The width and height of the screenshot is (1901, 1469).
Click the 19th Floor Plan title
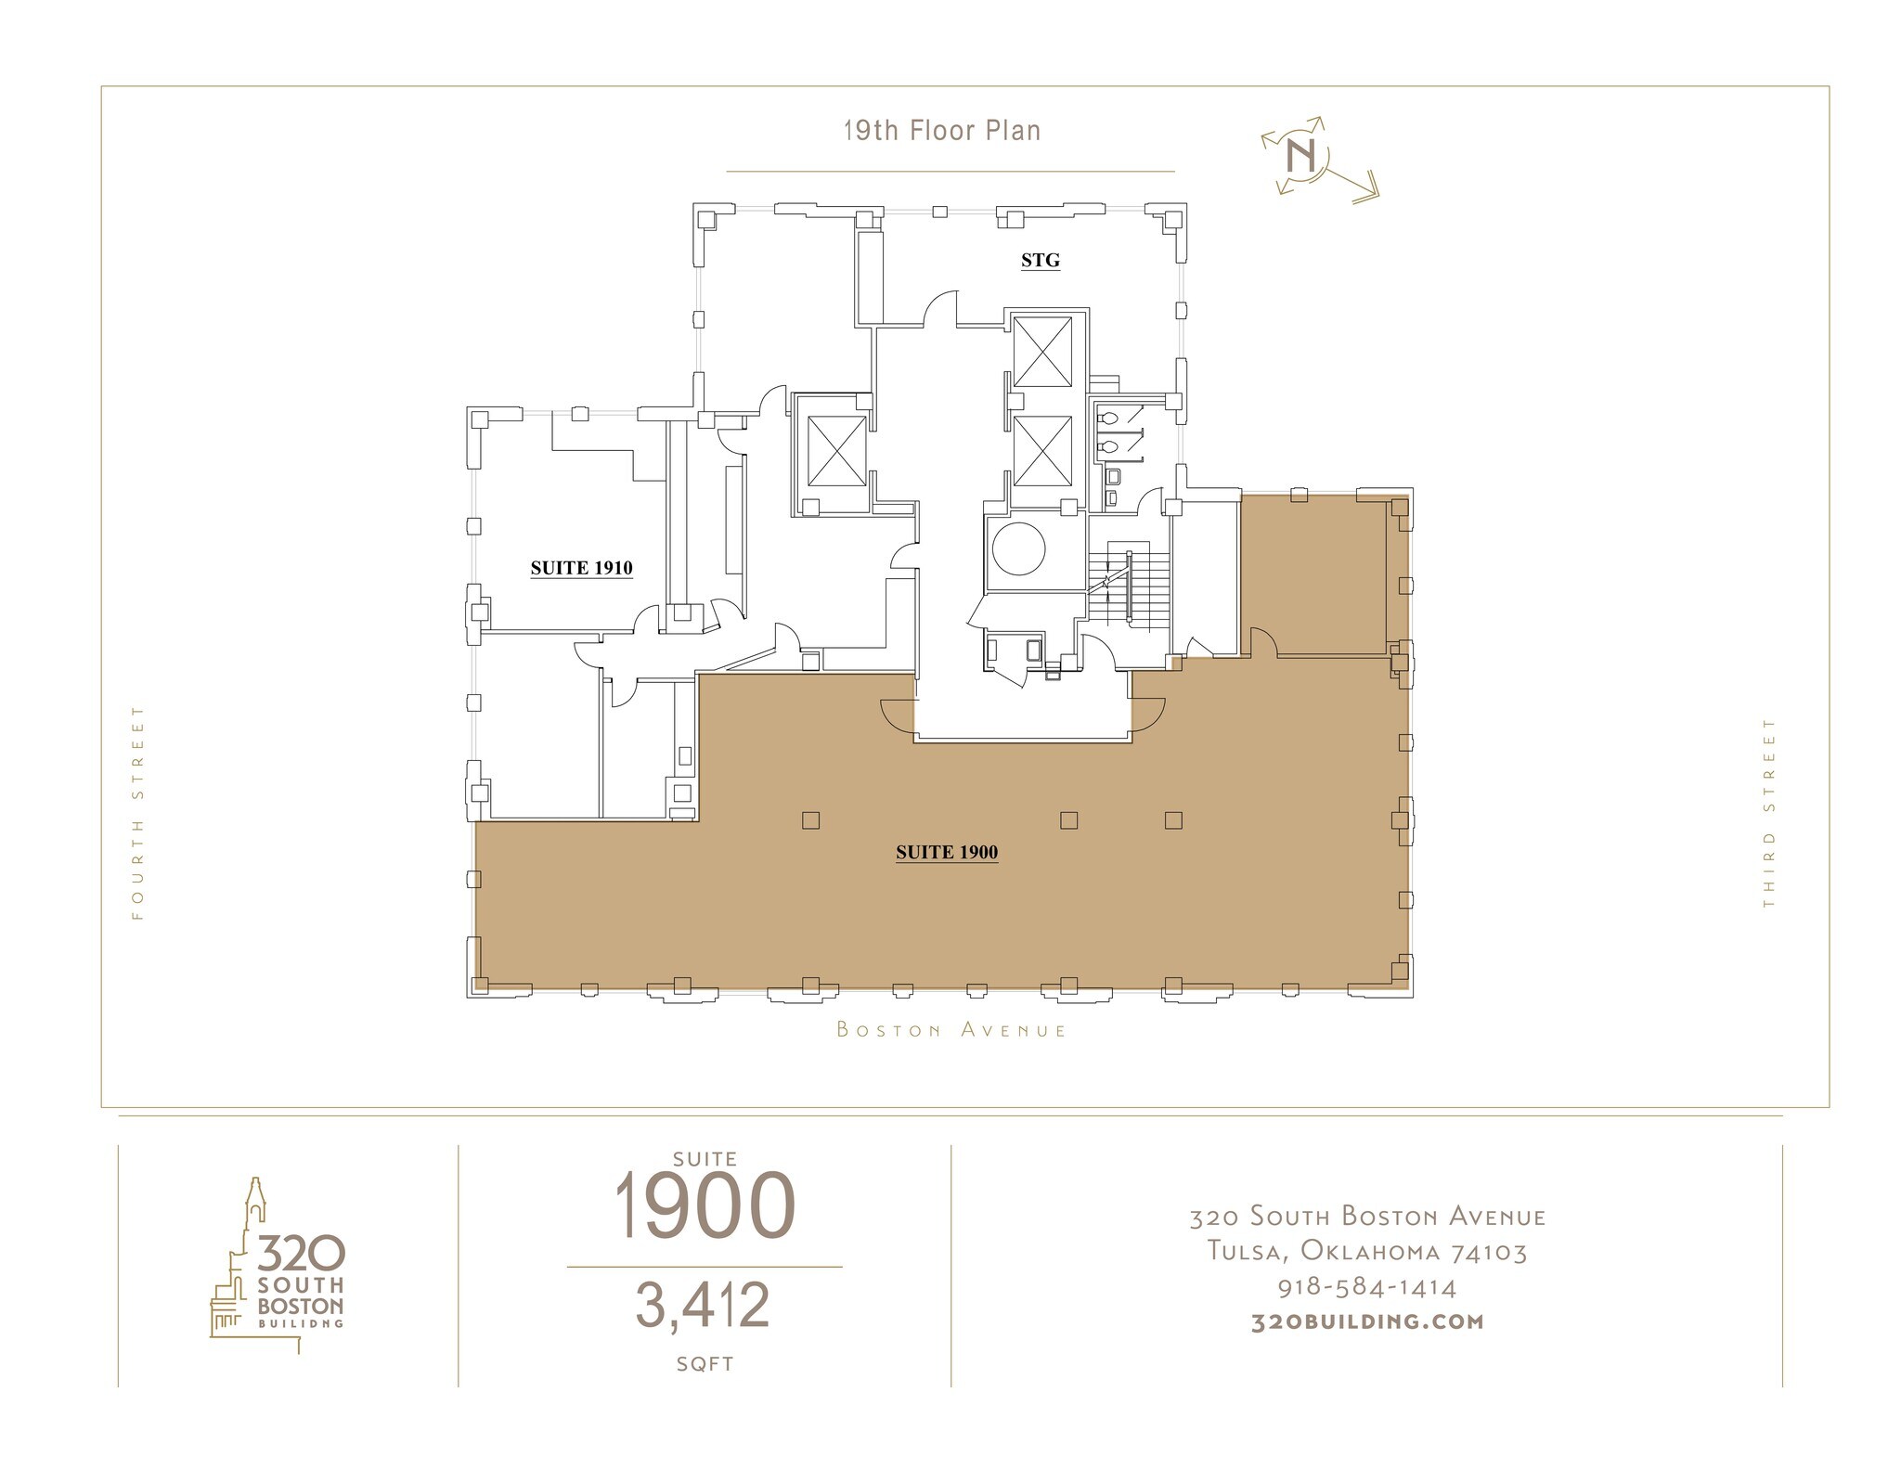(941, 131)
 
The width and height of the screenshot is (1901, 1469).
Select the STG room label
(1040, 261)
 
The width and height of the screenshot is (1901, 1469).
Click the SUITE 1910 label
(581, 568)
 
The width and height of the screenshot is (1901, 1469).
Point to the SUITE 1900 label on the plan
(946, 852)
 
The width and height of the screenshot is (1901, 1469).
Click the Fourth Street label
(138, 812)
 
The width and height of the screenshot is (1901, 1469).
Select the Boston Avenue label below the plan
(951, 1029)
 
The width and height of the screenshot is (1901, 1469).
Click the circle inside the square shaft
(1018, 549)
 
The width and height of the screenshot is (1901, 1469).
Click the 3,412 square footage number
(703, 1305)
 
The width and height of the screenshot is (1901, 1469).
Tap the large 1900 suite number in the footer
(705, 1205)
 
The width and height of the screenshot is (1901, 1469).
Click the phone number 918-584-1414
(1366, 1287)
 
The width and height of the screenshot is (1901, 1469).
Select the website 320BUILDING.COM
(1366, 1321)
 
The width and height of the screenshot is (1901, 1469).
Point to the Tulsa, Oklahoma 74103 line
(1366, 1252)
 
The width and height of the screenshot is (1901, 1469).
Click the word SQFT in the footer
(705, 1364)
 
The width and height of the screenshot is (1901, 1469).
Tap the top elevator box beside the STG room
(1042, 352)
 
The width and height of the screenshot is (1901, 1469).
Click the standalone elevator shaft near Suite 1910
(836, 450)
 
